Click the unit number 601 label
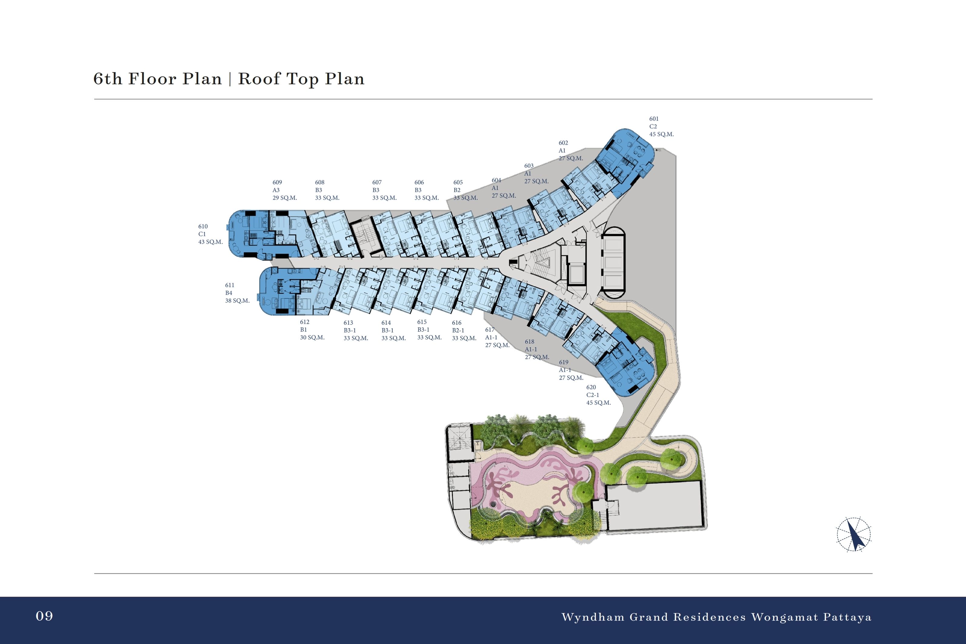point(654,119)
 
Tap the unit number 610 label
point(203,226)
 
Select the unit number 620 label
point(591,387)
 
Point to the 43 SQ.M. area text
point(210,242)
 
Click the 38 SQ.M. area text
point(237,301)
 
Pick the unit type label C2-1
point(593,395)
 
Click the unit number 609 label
point(277,182)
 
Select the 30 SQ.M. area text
point(312,338)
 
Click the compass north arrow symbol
point(854,534)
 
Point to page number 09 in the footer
point(44,616)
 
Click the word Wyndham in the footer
point(593,617)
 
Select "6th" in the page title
point(108,78)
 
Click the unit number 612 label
point(304,322)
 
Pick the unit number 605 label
point(458,182)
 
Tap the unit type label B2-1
point(458,331)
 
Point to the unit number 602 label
point(563,143)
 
